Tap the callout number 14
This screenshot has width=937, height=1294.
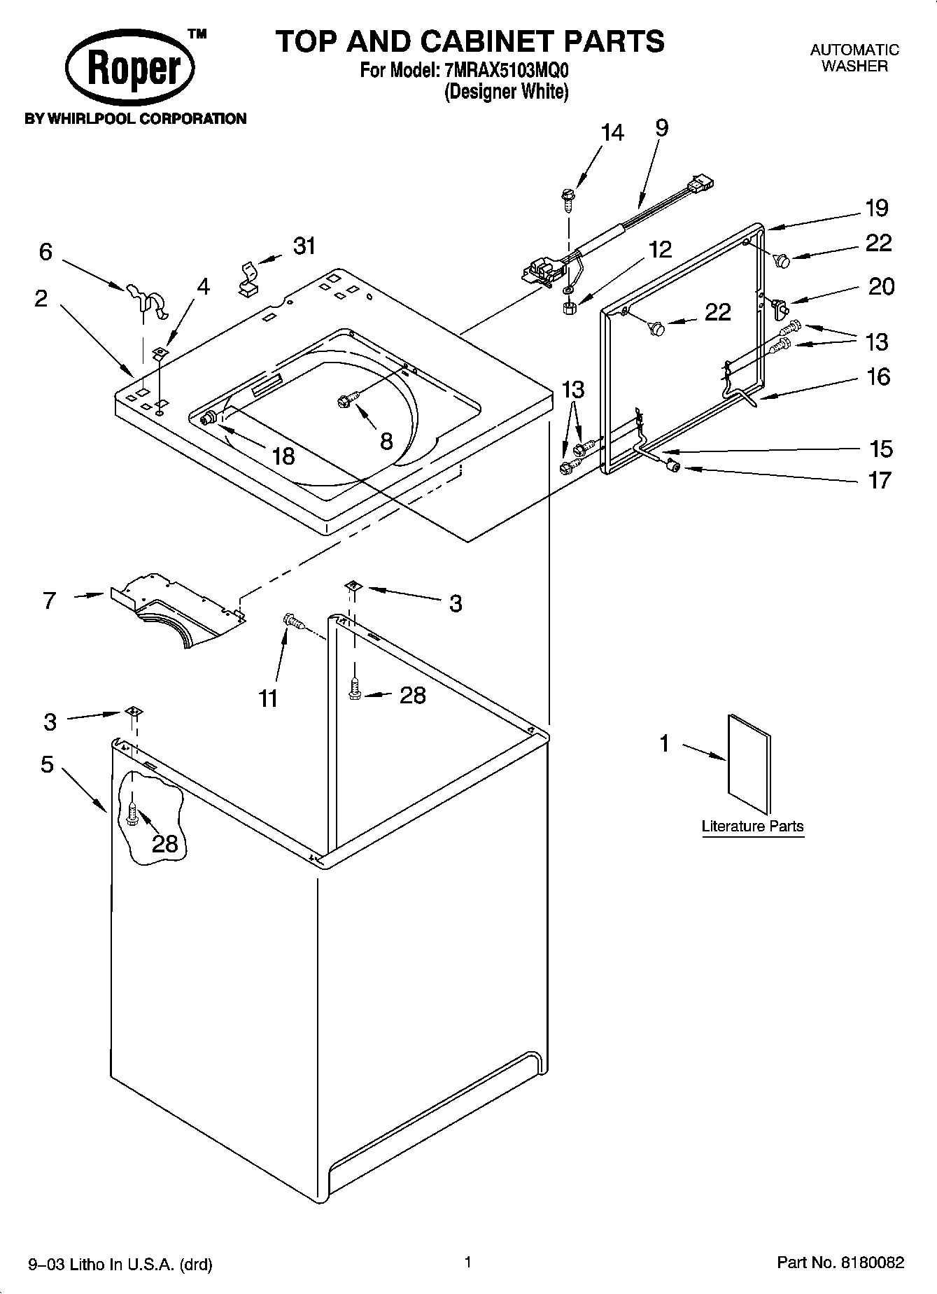(612, 132)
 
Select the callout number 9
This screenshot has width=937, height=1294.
(661, 127)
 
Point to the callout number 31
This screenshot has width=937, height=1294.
(304, 246)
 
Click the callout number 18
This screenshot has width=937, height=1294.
(283, 456)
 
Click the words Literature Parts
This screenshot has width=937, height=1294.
(752, 826)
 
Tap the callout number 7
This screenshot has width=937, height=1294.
(49, 600)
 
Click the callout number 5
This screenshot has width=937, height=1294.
(47, 764)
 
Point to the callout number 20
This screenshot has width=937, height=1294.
(881, 286)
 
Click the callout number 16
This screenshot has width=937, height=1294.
(878, 377)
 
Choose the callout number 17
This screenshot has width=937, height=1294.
(880, 480)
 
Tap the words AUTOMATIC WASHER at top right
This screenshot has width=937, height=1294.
(854, 58)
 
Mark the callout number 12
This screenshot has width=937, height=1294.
(660, 249)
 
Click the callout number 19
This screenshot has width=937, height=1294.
(877, 208)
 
